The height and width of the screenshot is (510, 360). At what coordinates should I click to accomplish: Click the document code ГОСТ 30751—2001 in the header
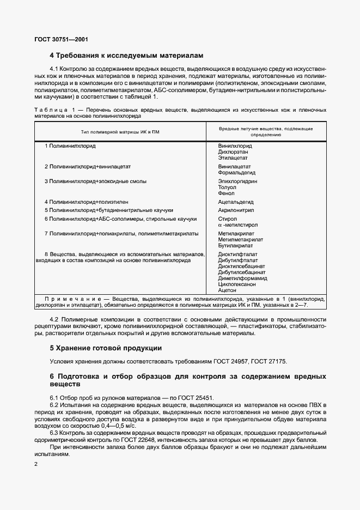point(61,40)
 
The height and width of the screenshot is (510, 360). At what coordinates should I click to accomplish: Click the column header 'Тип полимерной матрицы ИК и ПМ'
point(120,131)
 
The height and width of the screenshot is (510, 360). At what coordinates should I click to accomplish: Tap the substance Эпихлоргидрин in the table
point(237,181)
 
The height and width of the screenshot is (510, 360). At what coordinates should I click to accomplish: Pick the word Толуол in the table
point(227,187)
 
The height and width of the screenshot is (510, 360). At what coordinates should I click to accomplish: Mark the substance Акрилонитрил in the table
point(236,210)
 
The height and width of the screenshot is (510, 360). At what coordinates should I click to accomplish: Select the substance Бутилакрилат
point(235,245)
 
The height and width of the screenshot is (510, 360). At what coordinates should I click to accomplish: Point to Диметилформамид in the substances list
point(242,277)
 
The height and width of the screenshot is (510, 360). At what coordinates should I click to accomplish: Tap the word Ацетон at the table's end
point(227,290)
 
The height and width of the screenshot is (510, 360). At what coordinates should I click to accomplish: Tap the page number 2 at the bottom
point(35,464)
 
